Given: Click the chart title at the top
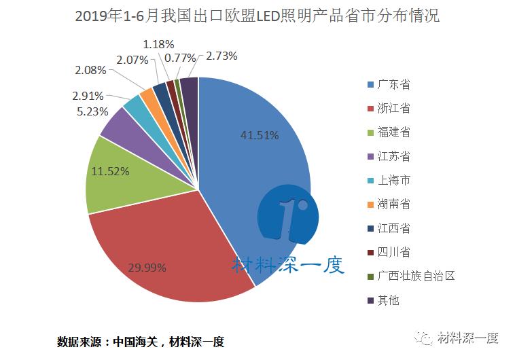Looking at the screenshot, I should click(257, 16).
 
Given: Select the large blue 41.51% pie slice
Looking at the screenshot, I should click(258, 156).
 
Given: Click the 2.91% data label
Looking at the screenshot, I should click(88, 96).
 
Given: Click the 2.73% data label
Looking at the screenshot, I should click(221, 56).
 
